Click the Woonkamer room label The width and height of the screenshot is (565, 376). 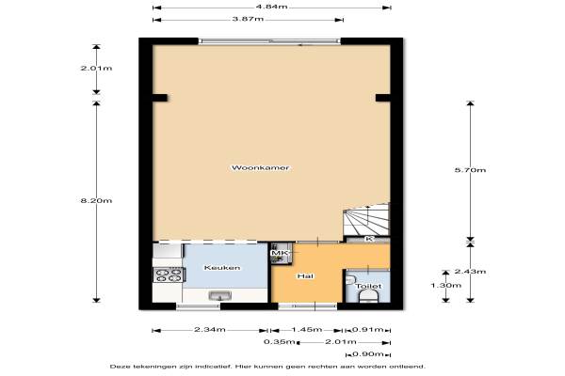260,167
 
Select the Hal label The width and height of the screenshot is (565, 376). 305,276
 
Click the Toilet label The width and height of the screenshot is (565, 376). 368,287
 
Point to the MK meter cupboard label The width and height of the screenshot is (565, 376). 280,253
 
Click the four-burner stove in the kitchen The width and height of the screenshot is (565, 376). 169,274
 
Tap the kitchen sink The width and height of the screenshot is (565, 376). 220,296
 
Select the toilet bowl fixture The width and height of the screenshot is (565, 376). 368,296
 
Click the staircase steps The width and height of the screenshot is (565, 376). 366,219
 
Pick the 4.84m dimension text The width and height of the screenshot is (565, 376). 272,7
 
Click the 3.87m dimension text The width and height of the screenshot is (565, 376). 248,19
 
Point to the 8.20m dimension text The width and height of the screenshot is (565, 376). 96,201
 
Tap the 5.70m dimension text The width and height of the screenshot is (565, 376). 470,170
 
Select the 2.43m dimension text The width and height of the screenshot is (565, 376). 470,272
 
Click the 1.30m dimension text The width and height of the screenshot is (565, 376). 445,286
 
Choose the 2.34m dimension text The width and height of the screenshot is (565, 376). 210,330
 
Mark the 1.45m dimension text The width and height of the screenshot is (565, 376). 307,330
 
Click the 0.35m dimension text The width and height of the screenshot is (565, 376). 280,342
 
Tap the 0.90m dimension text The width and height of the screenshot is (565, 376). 368,354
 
